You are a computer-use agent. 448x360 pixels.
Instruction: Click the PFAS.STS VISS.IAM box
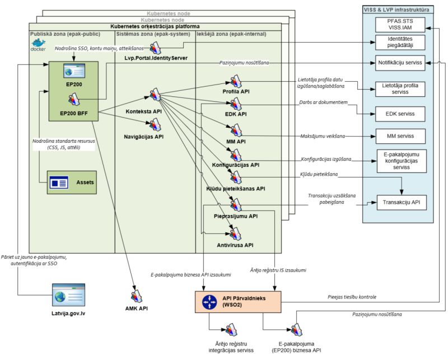(x=400, y=25)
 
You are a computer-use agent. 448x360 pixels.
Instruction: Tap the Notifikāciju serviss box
(x=400, y=63)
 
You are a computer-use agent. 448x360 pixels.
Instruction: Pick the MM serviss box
(x=400, y=136)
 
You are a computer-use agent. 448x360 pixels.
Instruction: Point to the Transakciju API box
(x=400, y=202)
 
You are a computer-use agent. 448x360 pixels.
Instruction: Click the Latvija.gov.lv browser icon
(x=68, y=296)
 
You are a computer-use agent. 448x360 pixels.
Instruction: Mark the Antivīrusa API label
(x=235, y=245)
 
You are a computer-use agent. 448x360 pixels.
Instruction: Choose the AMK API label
(x=136, y=308)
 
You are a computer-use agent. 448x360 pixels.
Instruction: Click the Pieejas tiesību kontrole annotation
(x=352, y=297)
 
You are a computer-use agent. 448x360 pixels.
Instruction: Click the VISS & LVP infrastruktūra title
(x=400, y=9)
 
